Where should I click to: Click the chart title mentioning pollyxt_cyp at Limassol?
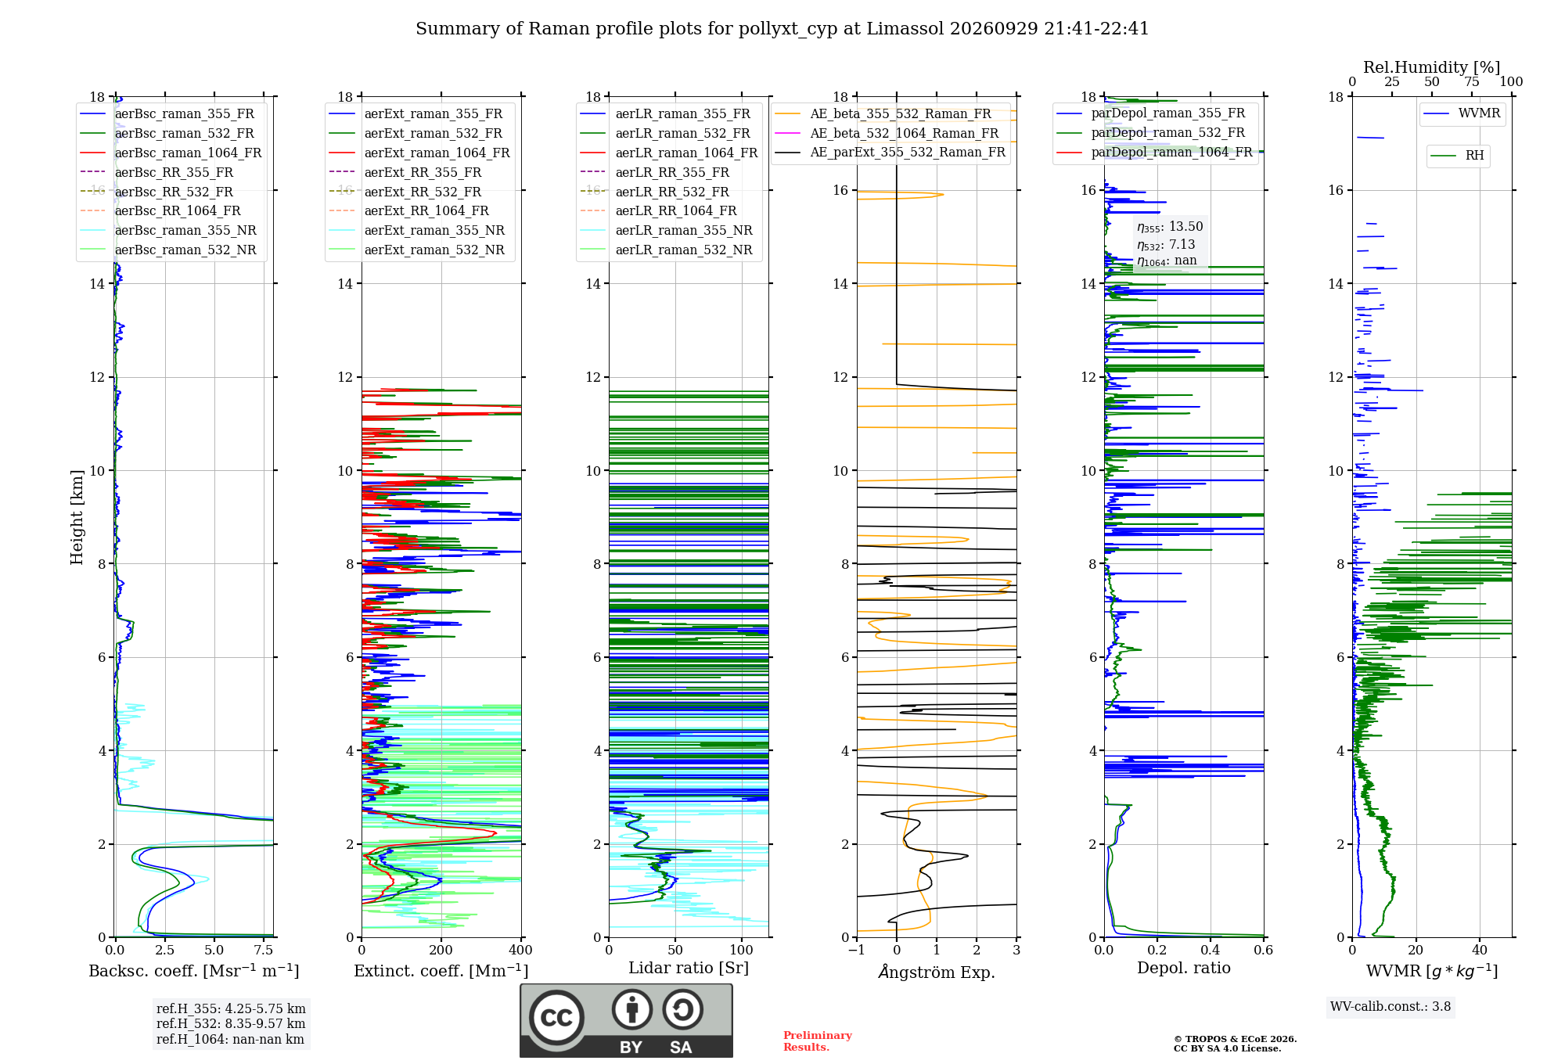pos(782,29)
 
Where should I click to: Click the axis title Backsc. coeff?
pos(194,971)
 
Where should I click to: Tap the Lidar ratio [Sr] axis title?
pos(689,969)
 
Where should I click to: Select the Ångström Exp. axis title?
pos(937,972)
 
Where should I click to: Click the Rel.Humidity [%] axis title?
pos(1432,67)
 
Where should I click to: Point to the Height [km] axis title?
pos(77,517)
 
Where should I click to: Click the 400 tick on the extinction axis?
pos(520,951)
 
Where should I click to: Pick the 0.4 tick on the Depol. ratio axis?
pos(1211,951)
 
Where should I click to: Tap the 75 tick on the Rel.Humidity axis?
pos(1472,82)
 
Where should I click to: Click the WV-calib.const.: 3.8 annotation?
pos(1391,1007)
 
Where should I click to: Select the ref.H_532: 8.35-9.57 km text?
pos(231,1024)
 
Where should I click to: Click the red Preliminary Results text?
pos(818,1041)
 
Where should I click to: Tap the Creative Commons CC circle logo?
pos(556,1018)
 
